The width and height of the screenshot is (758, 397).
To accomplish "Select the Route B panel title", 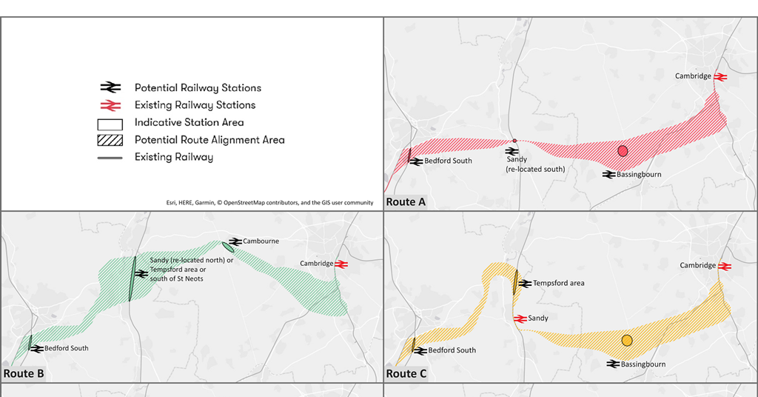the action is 24,373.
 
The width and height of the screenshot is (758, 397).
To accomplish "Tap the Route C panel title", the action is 406,373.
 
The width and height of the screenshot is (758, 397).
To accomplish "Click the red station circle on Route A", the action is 623,151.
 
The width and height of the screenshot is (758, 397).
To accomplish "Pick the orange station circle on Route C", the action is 627,341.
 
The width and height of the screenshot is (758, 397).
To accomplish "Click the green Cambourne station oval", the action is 228,247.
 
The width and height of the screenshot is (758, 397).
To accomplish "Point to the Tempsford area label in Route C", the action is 558,284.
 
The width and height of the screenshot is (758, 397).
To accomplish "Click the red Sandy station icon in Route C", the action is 520,318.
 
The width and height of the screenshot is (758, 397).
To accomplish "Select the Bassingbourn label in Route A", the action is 640,175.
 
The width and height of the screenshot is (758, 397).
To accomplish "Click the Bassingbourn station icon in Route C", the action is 612,364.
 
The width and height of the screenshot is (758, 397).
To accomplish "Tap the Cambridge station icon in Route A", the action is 720,76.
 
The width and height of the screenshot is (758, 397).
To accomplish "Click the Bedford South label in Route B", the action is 66,348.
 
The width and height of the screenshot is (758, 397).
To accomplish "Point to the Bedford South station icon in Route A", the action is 417,161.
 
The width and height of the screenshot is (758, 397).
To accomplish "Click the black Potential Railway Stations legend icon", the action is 110,87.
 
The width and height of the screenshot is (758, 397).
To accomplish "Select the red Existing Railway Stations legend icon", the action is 110,105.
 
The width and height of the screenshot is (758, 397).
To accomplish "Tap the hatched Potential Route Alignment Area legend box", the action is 110,140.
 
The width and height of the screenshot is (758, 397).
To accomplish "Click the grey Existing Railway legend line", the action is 110,158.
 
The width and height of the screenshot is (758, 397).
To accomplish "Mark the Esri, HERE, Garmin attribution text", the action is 269,202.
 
